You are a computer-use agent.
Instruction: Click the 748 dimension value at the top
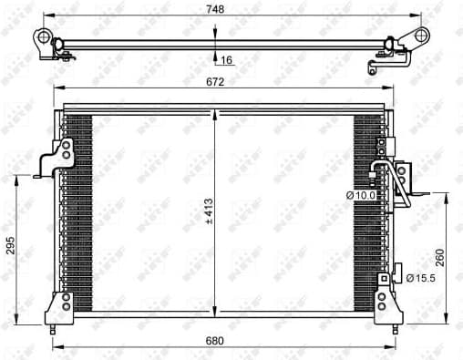click(x=215, y=9)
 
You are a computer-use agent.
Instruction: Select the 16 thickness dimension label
click(x=227, y=60)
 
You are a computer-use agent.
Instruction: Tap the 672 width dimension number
click(x=215, y=81)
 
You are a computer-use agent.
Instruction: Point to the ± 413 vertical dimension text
click(x=209, y=211)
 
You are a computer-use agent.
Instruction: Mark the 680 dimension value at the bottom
click(x=215, y=341)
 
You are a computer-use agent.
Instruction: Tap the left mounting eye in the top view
click(x=42, y=37)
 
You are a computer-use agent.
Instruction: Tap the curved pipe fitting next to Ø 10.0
click(x=384, y=172)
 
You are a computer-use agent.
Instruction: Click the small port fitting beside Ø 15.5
click(x=396, y=273)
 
